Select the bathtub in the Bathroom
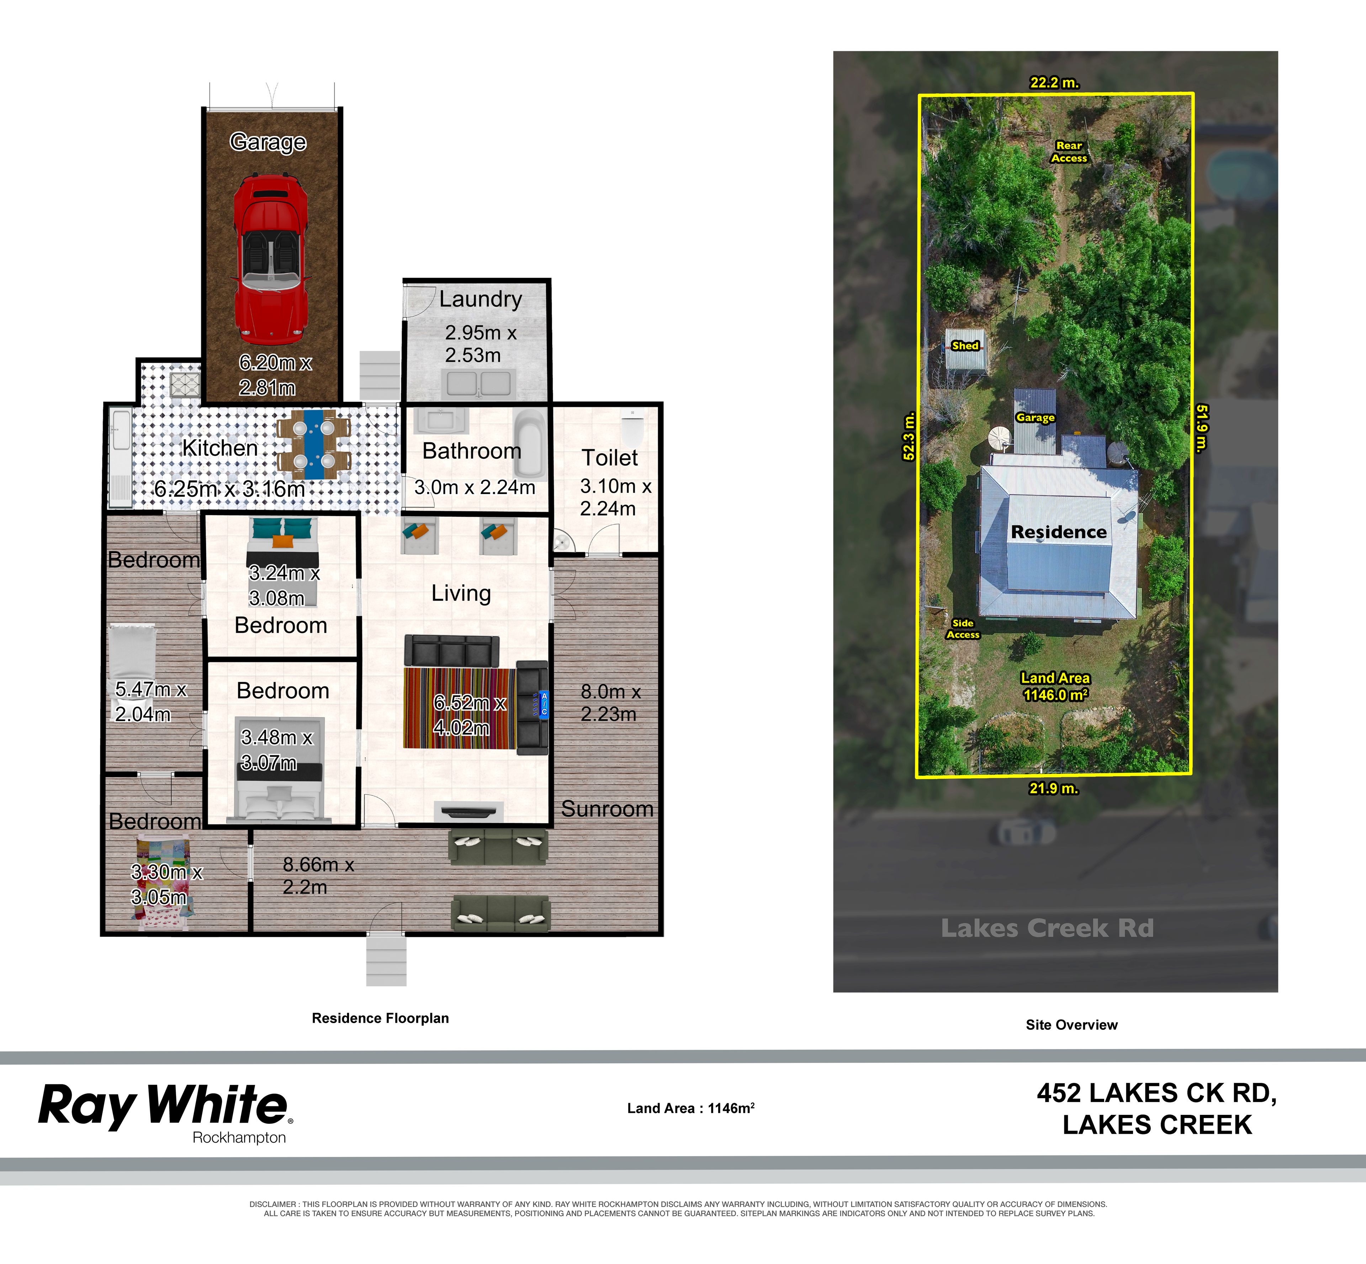point(529,443)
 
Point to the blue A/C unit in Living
point(544,704)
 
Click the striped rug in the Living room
point(458,708)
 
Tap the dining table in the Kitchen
point(314,444)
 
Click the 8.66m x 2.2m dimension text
point(318,875)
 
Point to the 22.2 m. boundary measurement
point(1054,83)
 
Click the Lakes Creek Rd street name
point(1047,928)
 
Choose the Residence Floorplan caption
point(380,1018)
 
